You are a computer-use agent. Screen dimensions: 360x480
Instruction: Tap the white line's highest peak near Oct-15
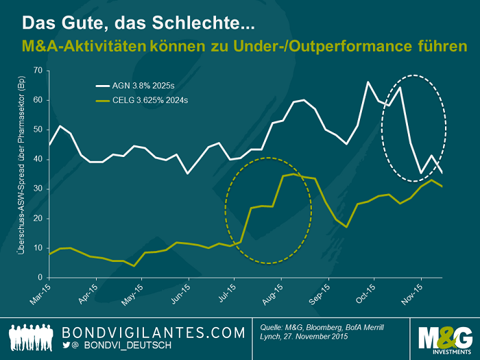click(x=368, y=82)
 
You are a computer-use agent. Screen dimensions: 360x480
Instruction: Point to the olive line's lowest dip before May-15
click(x=135, y=265)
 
